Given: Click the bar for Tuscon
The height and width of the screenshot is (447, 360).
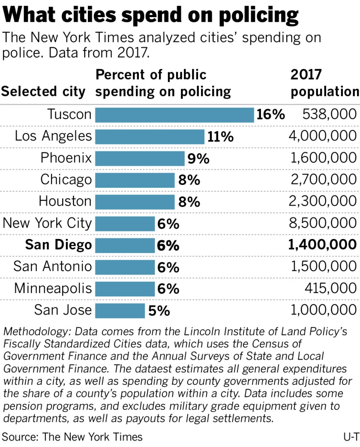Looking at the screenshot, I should click(x=174, y=115).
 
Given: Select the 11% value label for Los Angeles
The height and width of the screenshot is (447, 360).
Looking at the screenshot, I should click(x=220, y=137).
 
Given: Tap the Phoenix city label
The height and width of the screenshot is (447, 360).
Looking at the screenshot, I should click(x=66, y=158).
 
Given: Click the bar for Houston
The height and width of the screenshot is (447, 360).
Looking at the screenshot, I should click(x=135, y=202).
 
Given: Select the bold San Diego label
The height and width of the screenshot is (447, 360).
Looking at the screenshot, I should click(x=59, y=245).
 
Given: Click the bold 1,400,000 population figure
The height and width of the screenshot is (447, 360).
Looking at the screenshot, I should click(x=323, y=245).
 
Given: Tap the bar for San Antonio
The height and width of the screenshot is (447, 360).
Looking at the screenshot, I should click(x=125, y=267).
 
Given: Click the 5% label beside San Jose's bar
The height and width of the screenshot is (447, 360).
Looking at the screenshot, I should click(x=159, y=310).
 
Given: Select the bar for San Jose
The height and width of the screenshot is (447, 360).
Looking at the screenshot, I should click(x=120, y=310).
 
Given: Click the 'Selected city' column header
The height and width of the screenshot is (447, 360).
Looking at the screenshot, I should click(x=43, y=91).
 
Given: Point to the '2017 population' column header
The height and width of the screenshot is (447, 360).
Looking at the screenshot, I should click(x=324, y=83).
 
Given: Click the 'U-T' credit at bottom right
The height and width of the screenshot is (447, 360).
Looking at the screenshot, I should click(x=349, y=437).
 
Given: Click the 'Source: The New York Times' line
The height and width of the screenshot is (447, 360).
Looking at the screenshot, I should click(x=72, y=437).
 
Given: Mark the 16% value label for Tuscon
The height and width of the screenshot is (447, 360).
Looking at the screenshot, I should click(x=270, y=115).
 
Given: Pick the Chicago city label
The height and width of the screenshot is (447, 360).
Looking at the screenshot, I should click(x=66, y=180).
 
